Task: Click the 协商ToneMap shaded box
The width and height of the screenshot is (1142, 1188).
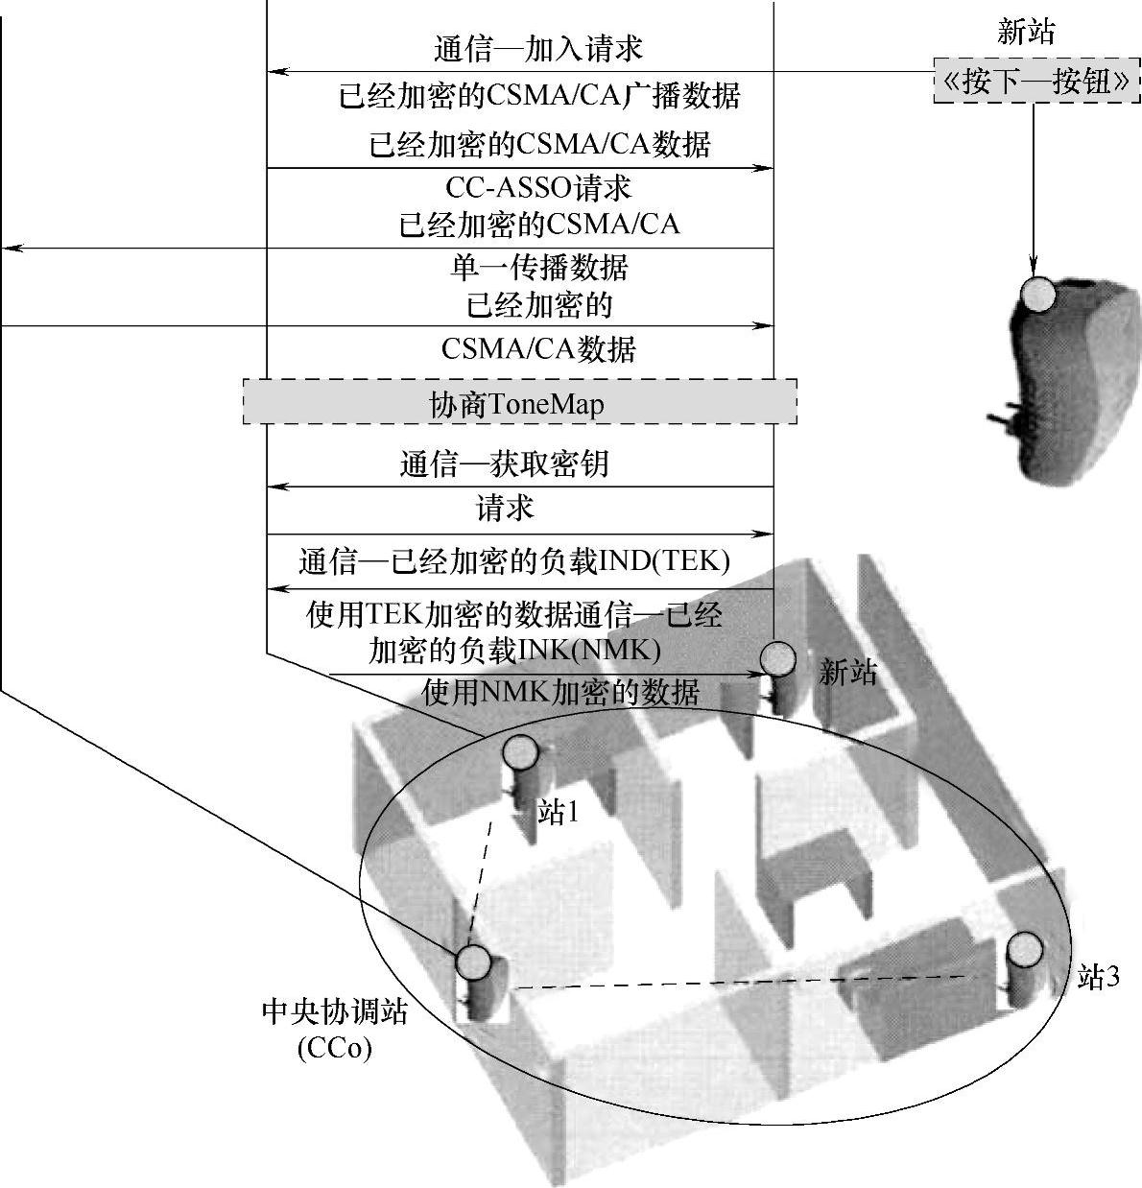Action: point(519,402)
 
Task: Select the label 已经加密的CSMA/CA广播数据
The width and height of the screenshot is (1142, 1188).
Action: point(539,96)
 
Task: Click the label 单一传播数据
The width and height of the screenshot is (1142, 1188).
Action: point(539,266)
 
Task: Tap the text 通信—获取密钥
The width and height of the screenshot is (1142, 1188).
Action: point(504,464)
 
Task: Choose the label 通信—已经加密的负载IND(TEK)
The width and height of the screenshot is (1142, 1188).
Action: point(514,560)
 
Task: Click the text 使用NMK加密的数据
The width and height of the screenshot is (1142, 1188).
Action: point(560,691)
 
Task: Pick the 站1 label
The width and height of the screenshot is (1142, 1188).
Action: point(558,813)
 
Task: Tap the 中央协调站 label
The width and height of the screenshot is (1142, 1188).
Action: point(334,1012)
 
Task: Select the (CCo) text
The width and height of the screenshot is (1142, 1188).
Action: point(334,1048)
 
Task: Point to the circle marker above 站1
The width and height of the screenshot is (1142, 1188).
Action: point(520,751)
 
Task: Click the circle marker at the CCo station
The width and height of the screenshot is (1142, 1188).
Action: point(472,961)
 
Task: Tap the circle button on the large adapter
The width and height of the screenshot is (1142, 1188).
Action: point(1037,294)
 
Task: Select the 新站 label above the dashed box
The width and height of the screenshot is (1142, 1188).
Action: point(1026,33)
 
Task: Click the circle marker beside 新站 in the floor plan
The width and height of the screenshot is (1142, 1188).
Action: point(778,659)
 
